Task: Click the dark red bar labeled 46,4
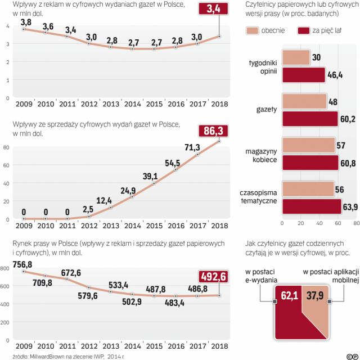303,76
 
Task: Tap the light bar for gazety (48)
303,101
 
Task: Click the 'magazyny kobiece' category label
260,155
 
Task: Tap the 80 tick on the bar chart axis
355,223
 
